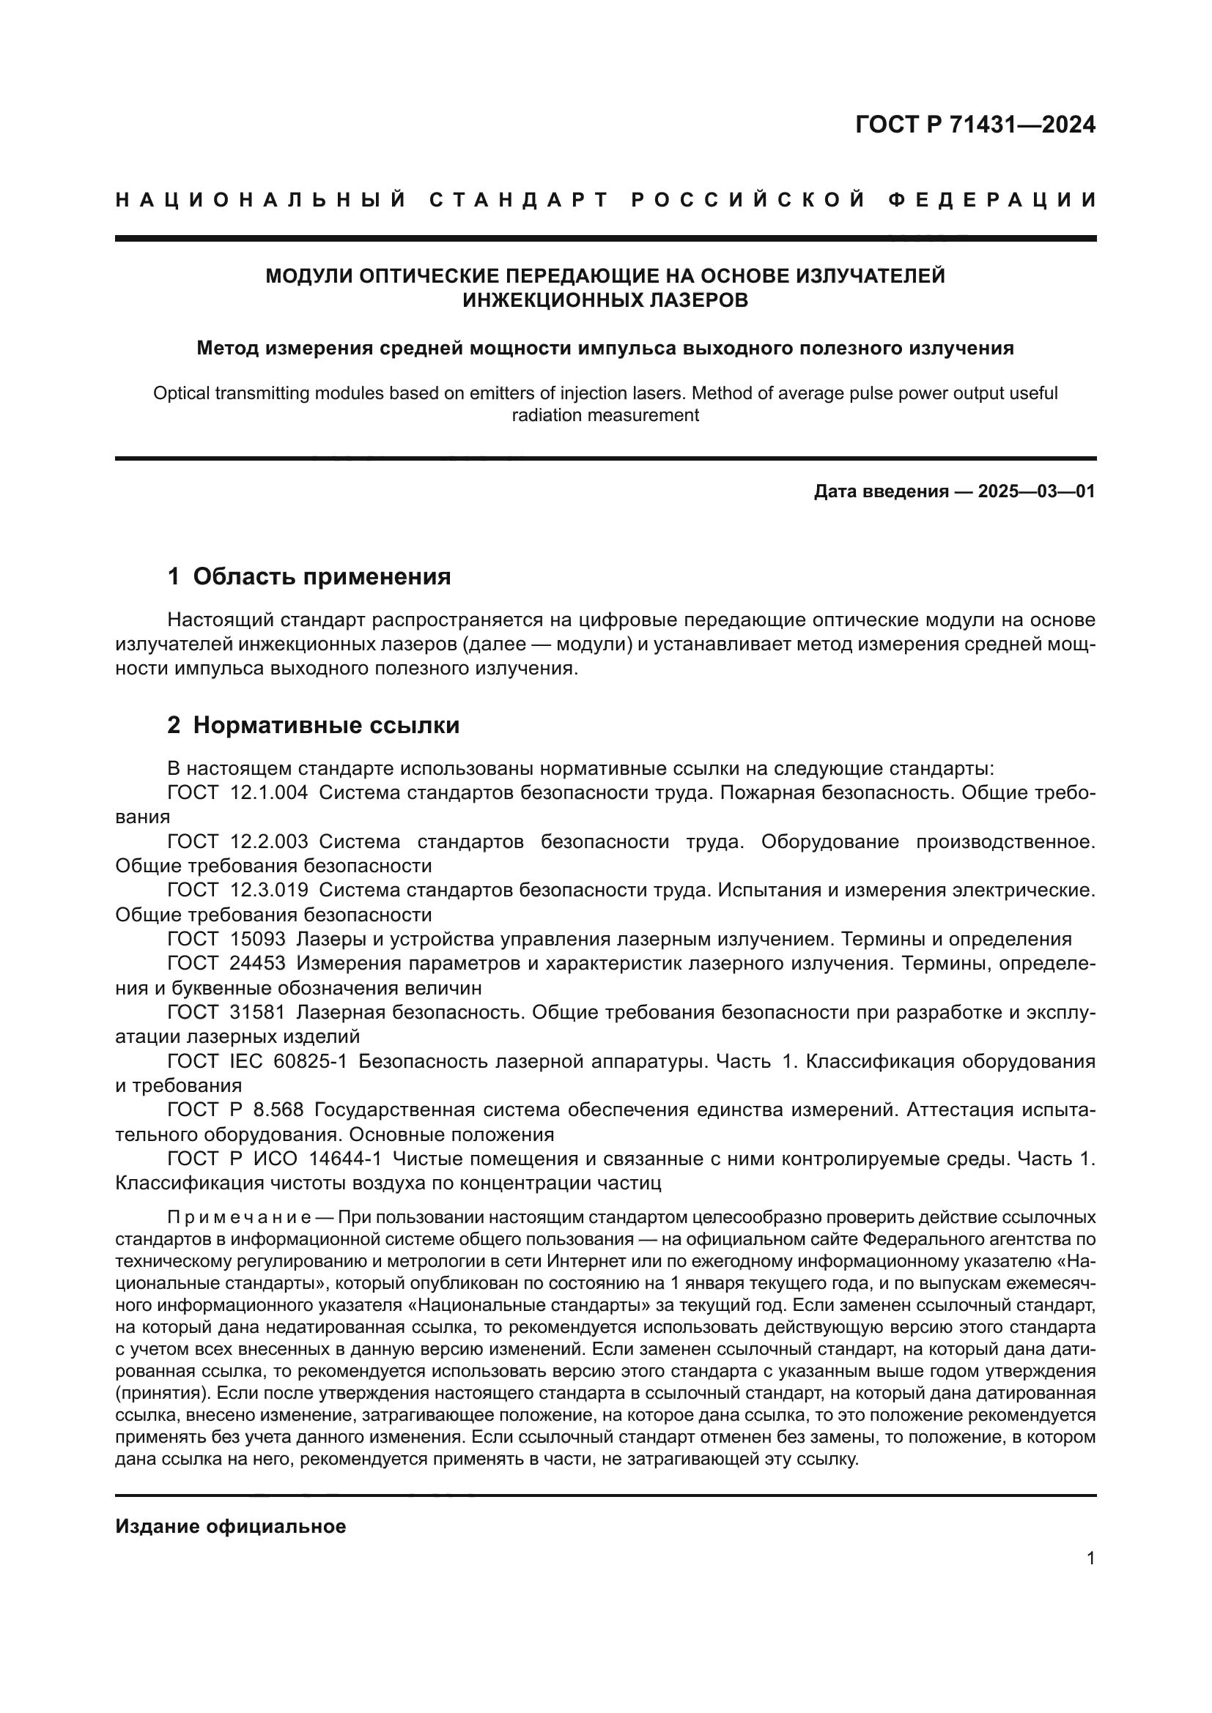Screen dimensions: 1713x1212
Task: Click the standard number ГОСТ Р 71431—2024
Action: click(x=975, y=125)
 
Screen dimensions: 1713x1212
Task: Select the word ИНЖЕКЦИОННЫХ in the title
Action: click(x=548, y=300)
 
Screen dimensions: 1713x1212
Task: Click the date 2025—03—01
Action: click(x=1036, y=491)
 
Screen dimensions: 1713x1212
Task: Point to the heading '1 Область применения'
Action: click(x=309, y=576)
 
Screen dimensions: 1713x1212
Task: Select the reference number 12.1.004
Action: click(x=269, y=792)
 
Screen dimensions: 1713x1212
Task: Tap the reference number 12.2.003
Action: click(x=269, y=841)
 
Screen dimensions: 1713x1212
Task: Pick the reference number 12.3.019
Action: click(x=269, y=890)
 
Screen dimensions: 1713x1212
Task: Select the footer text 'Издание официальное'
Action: click(x=231, y=1526)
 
